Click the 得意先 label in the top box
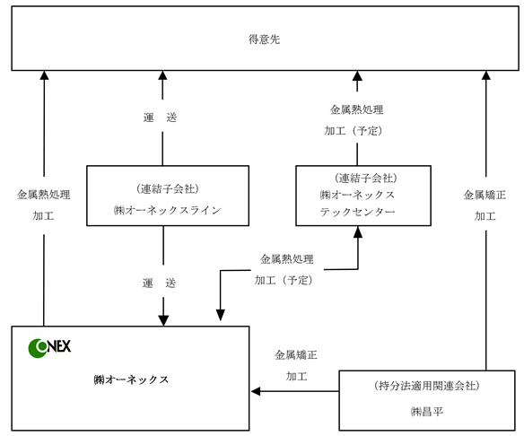[264, 39]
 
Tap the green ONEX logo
[49, 347]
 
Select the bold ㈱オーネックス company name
[131, 379]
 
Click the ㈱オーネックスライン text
[168, 210]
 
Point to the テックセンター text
[358, 212]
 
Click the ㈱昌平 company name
[427, 412]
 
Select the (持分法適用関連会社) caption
[427, 386]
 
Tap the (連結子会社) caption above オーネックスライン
[168, 189]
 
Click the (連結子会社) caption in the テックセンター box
[366, 178]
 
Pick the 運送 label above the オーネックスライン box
[160, 118]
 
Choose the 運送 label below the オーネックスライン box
[159, 283]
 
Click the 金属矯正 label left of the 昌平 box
[296, 355]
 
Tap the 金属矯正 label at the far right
[485, 195]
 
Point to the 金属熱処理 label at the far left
[44, 195]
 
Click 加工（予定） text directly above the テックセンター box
[354, 131]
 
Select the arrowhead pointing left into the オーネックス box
[256, 391]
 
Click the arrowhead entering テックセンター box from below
[358, 231]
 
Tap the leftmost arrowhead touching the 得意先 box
[44, 75]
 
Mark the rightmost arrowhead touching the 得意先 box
[486, 75]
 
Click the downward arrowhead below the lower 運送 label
[163, 321]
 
